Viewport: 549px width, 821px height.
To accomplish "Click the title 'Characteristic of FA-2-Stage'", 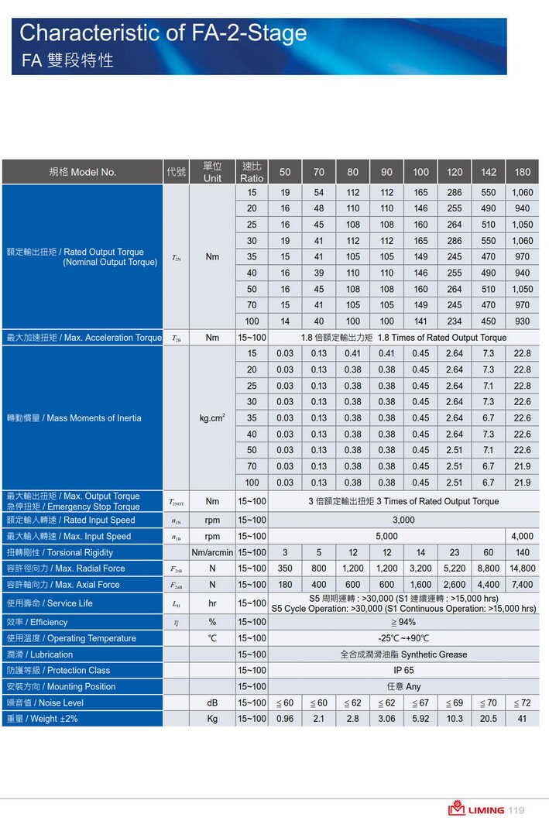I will point(163,33).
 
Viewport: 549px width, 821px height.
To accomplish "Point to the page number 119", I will point(516,810).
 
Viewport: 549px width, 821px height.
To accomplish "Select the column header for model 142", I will point(488,172).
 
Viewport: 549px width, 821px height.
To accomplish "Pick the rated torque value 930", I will point(522,321).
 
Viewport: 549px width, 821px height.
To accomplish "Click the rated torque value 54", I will point(319,192).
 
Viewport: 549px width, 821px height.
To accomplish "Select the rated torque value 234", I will point(455,321).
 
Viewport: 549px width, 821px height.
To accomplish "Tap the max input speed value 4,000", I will point(522,536).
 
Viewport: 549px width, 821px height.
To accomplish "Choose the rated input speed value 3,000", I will point(403,520).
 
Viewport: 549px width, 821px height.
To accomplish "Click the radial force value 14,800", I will point(522,569).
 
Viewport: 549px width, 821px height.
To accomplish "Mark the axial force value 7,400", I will point(522,585).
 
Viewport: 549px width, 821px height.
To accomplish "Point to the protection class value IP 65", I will point(403,670).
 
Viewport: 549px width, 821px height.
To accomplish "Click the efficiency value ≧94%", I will point(403,622).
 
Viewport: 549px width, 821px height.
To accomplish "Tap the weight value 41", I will point(522,719).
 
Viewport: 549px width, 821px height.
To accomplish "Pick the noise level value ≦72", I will point(522,702).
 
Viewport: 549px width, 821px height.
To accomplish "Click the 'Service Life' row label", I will point(50,603).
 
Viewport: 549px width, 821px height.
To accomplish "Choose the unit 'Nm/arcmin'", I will point(212,552).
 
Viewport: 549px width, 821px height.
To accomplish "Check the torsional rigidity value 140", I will point(522,552).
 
